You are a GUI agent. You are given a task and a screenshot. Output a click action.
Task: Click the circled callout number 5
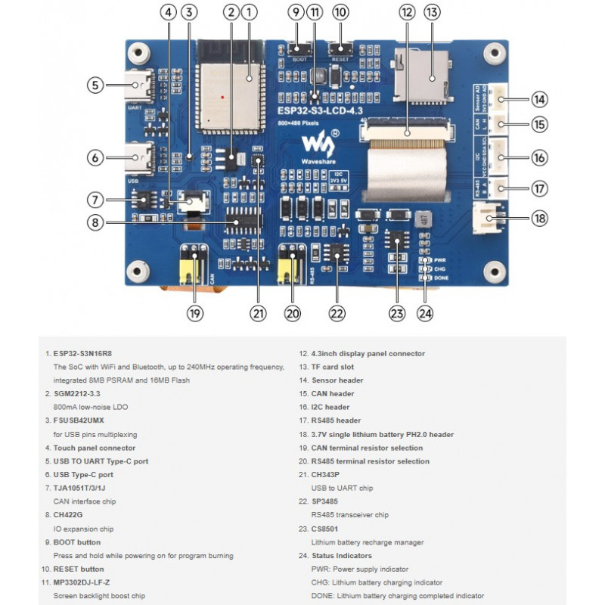point(95,85)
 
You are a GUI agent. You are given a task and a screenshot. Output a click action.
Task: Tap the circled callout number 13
point(432,12)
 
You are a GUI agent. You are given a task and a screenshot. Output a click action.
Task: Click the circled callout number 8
point(95,222)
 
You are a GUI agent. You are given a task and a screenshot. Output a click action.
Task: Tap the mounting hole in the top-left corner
point(137,54)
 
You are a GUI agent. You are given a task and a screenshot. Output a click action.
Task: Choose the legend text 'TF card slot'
point(333,367)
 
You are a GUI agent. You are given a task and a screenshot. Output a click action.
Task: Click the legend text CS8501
point(327,529)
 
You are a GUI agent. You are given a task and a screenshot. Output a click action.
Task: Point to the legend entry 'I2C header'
point(331,407)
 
